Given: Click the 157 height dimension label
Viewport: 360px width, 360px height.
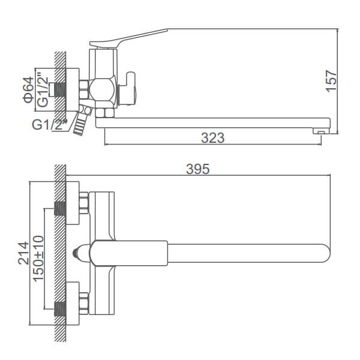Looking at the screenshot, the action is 331,80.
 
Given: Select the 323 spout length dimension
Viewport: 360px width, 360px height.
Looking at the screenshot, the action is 213,138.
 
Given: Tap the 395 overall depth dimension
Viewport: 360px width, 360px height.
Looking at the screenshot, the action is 198,169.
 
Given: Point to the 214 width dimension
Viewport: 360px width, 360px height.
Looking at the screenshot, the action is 23,253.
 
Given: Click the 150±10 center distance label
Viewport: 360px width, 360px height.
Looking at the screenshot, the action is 38,259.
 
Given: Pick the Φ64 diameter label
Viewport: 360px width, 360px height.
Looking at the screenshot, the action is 28,89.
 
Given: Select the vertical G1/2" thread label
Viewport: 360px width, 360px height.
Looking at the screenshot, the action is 43,90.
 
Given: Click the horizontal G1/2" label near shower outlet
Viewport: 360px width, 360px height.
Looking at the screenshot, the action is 49,124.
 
